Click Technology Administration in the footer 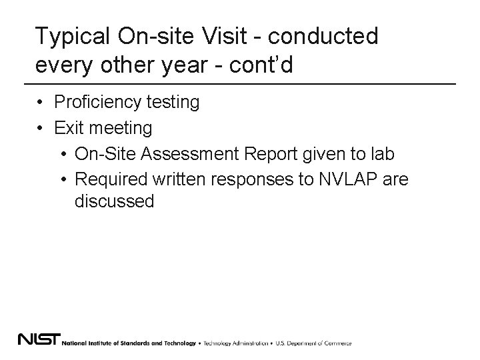pos(235,343)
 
